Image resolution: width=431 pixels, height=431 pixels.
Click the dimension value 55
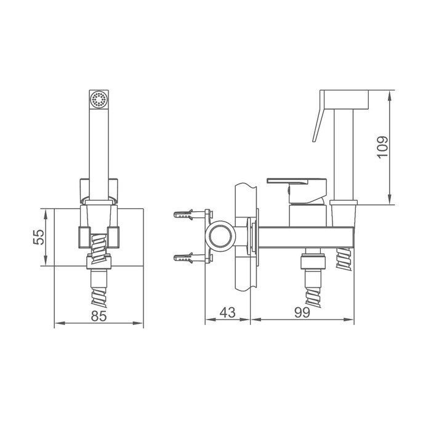pos(38,237)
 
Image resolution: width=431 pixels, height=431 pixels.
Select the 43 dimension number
pos(227,312)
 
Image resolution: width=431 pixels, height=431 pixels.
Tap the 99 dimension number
pos(301,312)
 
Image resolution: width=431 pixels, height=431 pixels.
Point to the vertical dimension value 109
pos(382,148)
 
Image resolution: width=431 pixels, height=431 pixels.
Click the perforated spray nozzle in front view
pos(99,100)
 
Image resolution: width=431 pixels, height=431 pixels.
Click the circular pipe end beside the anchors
pos(220,236)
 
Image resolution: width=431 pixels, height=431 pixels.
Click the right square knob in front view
pos(115,235)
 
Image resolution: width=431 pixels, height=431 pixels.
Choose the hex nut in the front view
pos(99,262)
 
